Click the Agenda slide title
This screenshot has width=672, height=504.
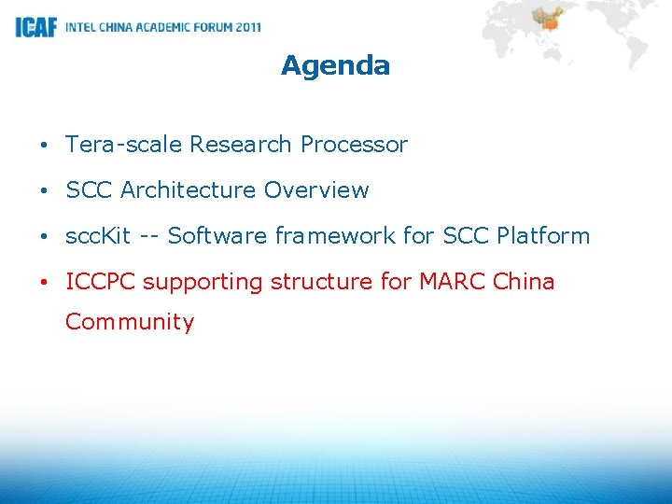335,65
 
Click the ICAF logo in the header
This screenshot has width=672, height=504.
35,27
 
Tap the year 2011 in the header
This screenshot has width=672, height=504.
248,27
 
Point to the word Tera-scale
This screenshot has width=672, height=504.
123,145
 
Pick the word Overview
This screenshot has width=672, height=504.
316,190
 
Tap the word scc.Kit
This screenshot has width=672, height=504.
98,236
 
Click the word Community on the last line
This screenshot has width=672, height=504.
130,323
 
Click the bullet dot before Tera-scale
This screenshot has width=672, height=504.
45,146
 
